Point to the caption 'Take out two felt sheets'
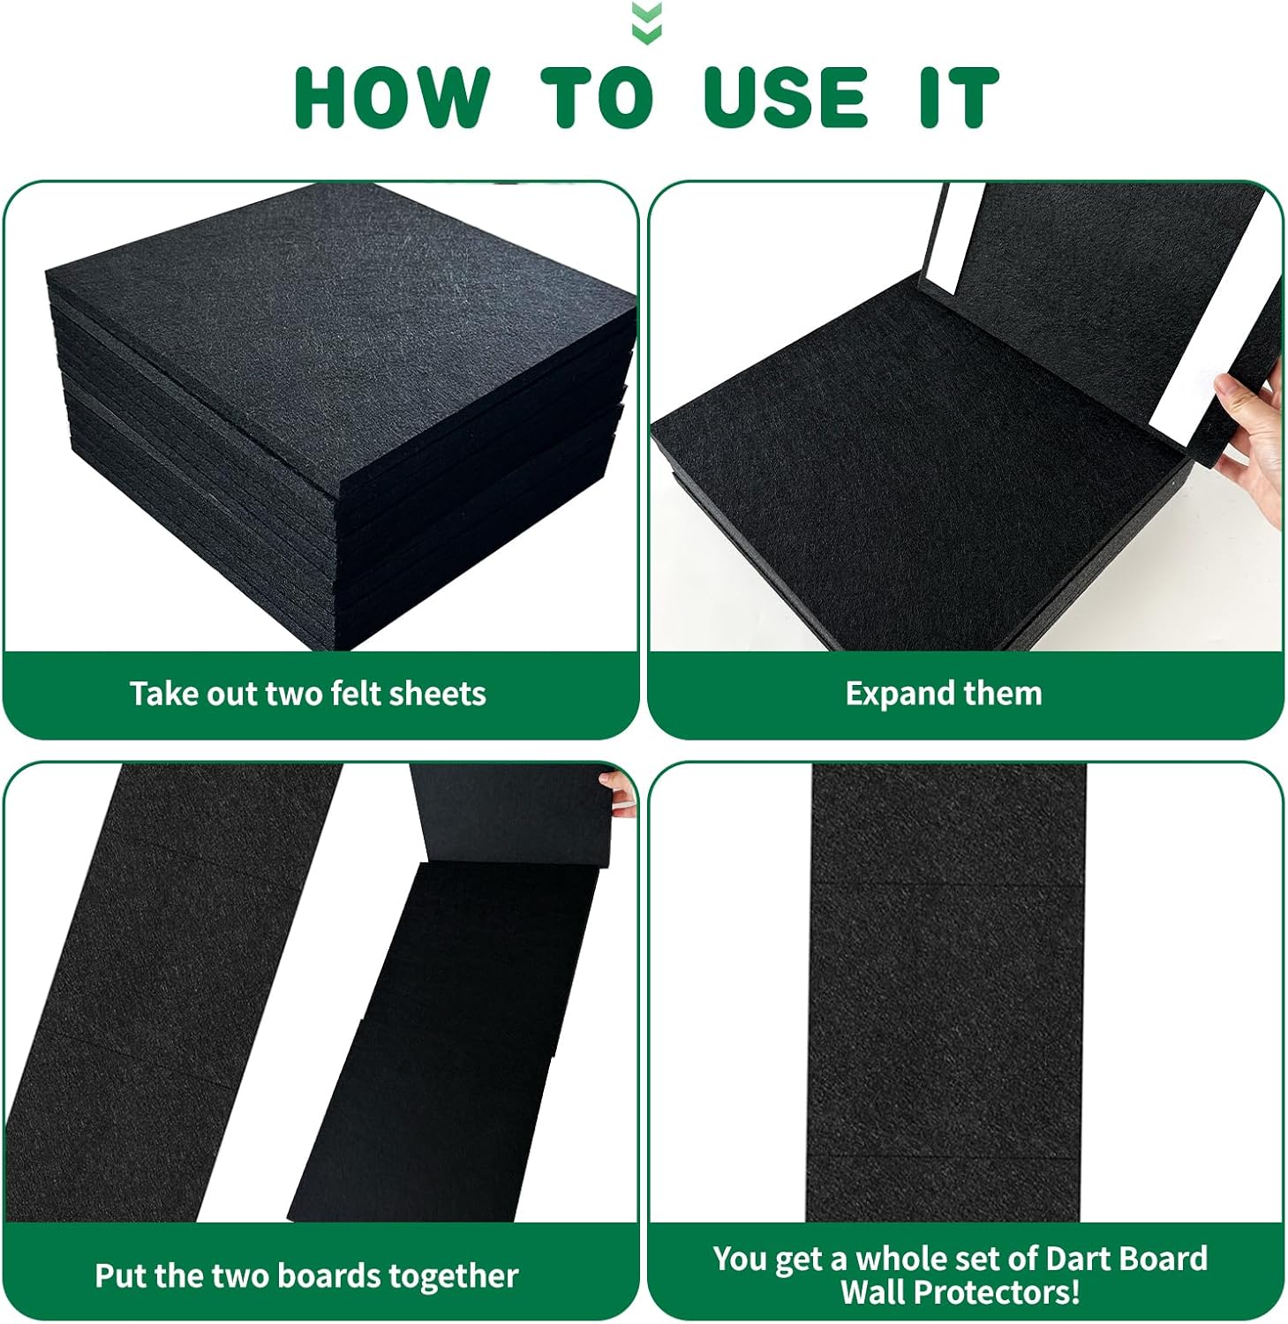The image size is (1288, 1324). tap(307, 694)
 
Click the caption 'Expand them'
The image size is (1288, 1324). tap(943, 694)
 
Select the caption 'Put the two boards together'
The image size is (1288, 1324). tap(305, 1275)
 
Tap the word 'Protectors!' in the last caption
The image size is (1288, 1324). tap(960, 1292)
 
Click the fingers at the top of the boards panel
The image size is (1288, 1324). tap(620, 789)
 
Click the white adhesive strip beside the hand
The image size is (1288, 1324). tap(1201, 371)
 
